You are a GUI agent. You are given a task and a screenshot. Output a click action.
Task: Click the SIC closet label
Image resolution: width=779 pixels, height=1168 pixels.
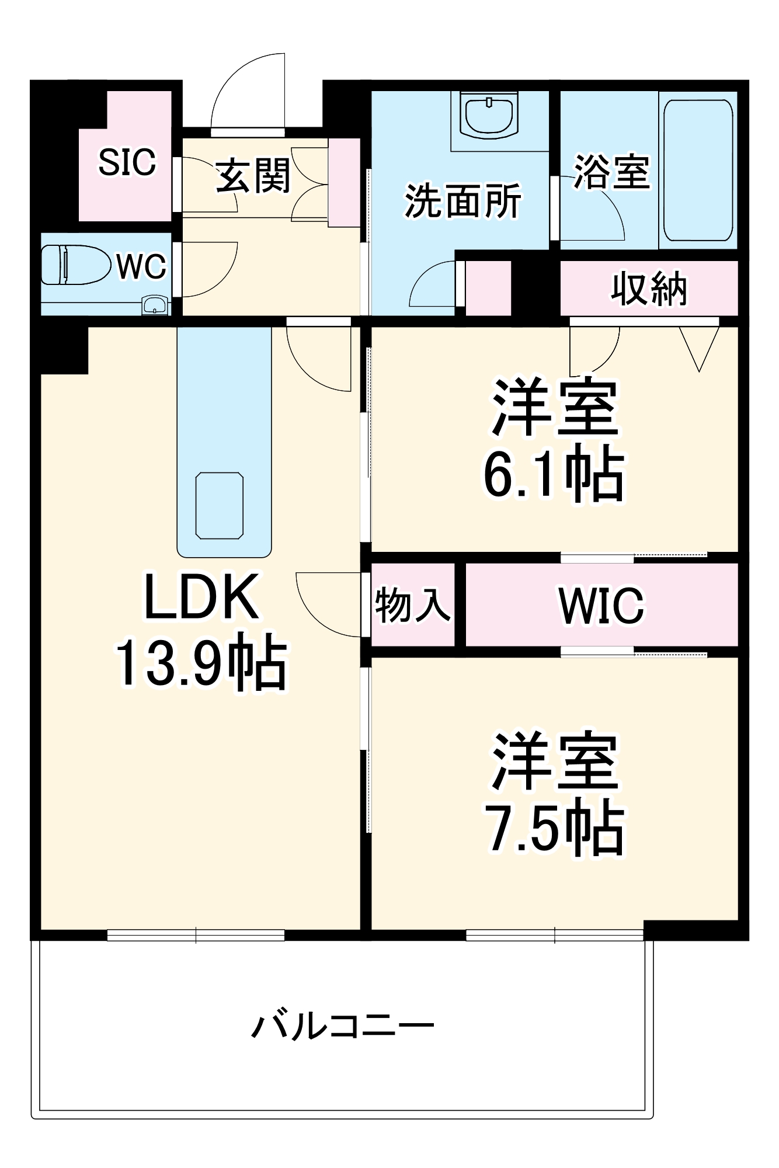127,162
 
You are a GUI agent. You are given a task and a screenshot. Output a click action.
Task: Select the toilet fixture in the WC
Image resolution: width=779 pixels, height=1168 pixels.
76,265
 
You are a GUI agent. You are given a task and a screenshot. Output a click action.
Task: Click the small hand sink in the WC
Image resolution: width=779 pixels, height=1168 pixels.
155,305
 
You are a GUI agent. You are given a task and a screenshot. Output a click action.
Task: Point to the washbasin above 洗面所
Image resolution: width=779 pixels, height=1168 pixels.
489,115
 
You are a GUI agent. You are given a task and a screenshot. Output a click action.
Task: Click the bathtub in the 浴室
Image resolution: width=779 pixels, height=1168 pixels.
698,170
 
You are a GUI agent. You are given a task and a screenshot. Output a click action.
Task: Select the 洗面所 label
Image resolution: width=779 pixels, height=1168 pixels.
462,201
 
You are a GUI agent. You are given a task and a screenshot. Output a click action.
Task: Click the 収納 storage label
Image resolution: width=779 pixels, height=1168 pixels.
649,288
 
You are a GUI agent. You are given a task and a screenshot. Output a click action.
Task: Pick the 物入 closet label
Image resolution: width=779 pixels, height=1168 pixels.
413,604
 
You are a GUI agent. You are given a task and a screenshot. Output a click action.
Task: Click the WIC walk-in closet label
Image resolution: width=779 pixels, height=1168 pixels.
601,606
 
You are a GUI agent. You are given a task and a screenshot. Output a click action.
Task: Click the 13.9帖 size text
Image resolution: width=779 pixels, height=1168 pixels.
201,663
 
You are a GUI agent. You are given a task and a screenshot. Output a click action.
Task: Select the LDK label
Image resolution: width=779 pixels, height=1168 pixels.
201,597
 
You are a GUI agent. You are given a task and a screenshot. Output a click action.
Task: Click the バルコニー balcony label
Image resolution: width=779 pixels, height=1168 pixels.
343,1026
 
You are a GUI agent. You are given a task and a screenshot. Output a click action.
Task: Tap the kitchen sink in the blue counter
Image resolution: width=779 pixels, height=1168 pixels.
219,506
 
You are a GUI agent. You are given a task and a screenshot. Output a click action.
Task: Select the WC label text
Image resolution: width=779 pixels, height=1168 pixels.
141,267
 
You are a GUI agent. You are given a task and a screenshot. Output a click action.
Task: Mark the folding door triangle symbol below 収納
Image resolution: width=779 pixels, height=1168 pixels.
699,348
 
